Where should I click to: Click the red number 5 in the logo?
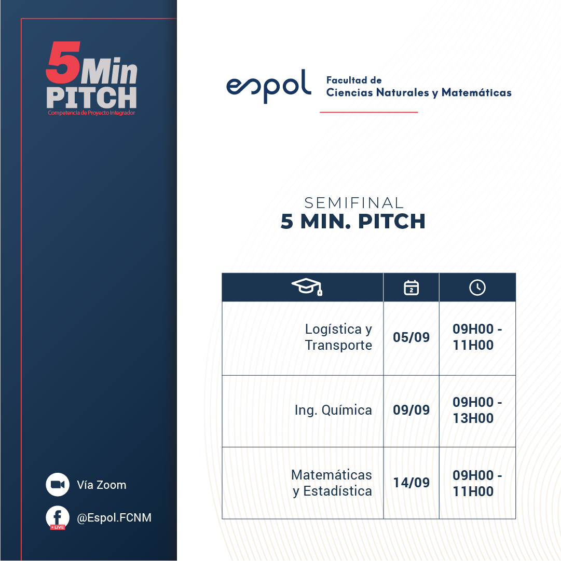(63, 62)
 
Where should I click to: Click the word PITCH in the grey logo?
(91, 98)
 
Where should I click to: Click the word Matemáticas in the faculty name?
(476, 92)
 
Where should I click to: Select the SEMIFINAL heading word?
(354, 203)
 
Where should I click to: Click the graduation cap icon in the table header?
(307, 287)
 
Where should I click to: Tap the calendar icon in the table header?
(411, 288)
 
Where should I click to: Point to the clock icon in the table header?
(477, 288)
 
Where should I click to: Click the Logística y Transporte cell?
(338, 337)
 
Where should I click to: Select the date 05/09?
(411, 337)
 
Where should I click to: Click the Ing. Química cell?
(333, 410)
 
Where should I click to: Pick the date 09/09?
(411, 410)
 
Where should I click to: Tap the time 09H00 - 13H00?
(477, 410)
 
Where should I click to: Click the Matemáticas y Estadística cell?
(332, 483)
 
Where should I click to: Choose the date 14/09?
(411, 483)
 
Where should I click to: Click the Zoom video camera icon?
(58, 484)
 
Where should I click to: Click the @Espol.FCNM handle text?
(114, 518)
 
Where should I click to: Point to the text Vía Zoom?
(102, 485)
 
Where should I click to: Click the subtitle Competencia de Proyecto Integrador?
(91, 113)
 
